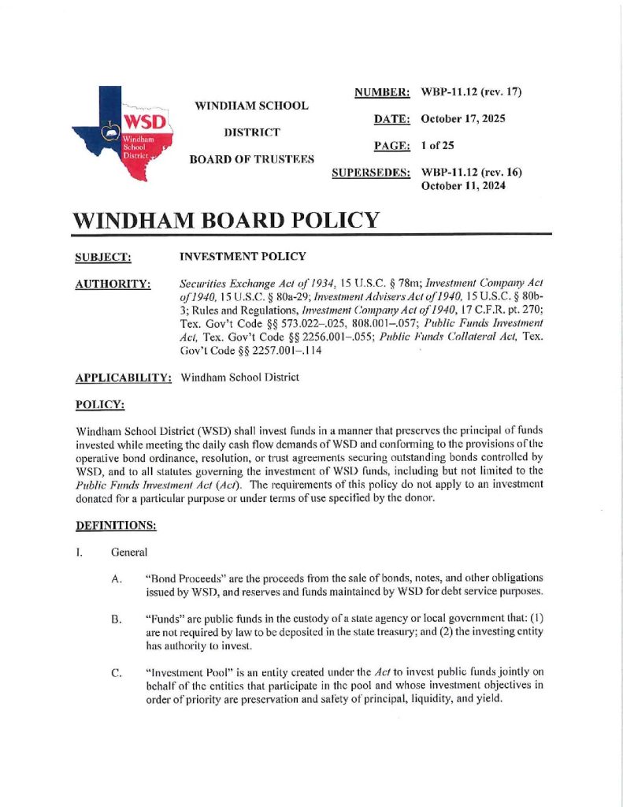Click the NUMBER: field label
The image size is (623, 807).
[382, 93]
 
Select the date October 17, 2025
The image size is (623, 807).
[462, 119]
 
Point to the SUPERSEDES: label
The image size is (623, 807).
[371, 172]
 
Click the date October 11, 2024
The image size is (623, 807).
[462, 186]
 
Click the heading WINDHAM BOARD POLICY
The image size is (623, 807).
[226, 220]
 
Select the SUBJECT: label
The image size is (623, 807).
[102, 257]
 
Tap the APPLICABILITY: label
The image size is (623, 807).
[124, 377]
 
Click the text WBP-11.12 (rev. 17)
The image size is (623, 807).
[473, 93]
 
